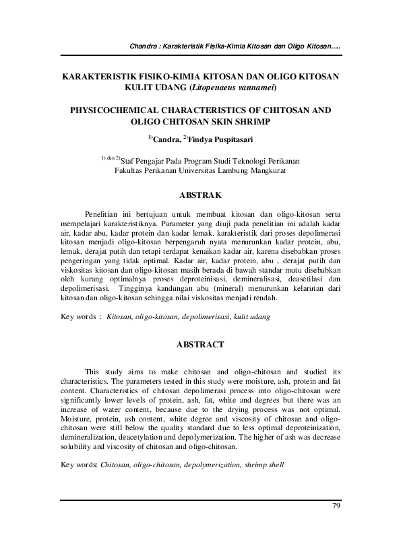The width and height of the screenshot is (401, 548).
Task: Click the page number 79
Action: click(337, 506)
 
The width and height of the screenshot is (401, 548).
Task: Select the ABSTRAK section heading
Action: click(200, 195)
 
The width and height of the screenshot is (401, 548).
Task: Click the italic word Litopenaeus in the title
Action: click(210, 88)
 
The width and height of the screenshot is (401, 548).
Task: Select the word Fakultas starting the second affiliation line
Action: click(131, 171)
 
